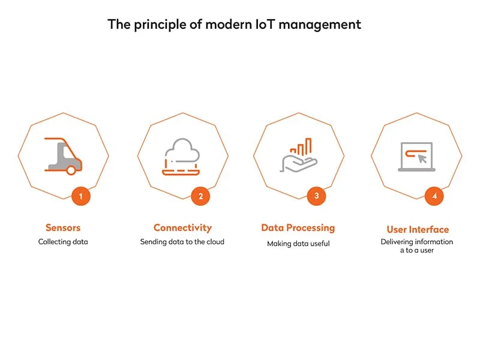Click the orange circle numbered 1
click(x=80, y=196)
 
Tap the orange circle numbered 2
click(x=200, y=196)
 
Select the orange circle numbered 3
click(x=316, y=196)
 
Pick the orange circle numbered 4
click(x=434, y=196)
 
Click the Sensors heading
click(x=63, y=228)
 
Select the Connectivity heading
click(x=182, y=228)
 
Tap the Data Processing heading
click(x=298, y=228)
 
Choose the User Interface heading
click(x=417, y=230)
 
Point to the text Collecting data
click(x=63, y=242)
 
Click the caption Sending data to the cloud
click(x=182, y=242)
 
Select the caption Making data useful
click(x=298, y=244)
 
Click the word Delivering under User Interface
click(x=399, y=242)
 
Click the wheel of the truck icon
click(x=71, y=170)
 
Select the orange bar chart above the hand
click(x=301, y=147)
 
